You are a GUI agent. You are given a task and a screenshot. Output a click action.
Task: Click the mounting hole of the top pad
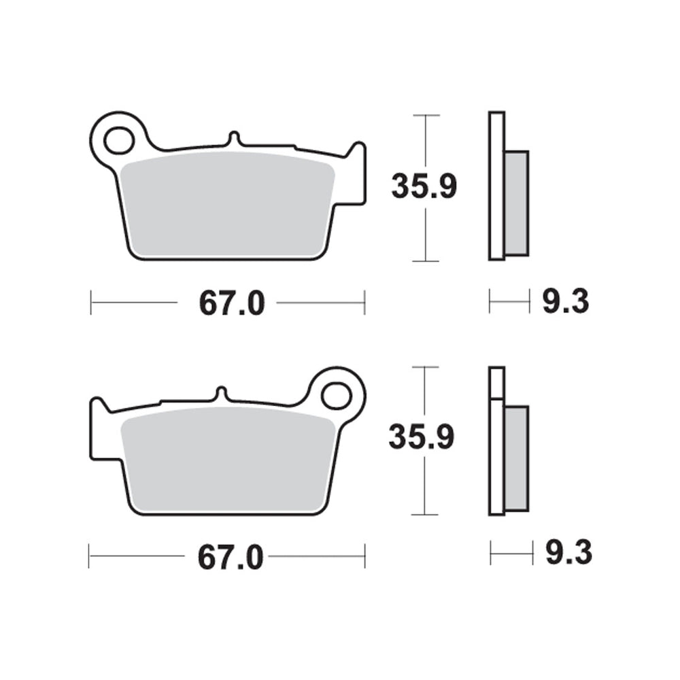pos(119,139)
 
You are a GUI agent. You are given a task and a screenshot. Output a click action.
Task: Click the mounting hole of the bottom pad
pos(336,396)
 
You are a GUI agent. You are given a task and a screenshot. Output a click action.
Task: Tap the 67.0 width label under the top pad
pos(232,303)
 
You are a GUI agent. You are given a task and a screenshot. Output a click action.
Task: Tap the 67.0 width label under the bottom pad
pos(231,558)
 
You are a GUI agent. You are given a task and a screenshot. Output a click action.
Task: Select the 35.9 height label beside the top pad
pos(424,186)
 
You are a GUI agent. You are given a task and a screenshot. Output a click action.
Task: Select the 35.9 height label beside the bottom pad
pos(421,437)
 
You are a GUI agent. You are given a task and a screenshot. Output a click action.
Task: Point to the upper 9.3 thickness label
pos(566,301)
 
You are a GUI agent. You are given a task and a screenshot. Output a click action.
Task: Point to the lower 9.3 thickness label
pos(568,552)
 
